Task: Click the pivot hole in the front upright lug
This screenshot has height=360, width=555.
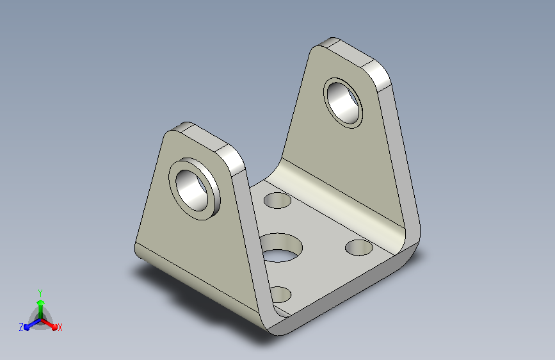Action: [x=191, y=191]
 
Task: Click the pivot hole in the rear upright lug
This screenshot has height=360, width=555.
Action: [x=343, y=102]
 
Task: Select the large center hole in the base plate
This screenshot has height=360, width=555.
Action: [x=281, y=248]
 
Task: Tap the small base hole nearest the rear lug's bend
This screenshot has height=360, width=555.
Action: [x=278, y=200]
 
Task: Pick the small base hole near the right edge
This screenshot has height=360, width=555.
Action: [x=359, y=247]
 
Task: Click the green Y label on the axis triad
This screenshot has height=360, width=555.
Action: [x=40, y=293]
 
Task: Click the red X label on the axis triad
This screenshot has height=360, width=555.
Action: [x=60, y=328]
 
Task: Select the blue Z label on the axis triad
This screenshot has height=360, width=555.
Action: [x=21, y=327]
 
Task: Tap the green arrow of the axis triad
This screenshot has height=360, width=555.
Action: [x=41, y=309]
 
